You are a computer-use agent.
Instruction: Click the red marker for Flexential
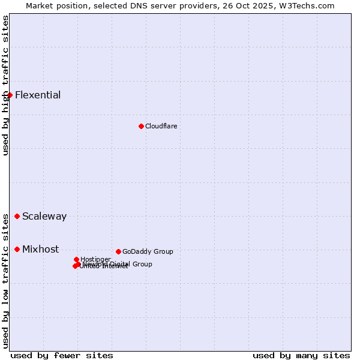pos(10,95)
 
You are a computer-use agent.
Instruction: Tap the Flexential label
pos(38,95)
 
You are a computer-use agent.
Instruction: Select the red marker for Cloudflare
pos(141,126)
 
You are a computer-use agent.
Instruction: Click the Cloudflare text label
pos(161,126)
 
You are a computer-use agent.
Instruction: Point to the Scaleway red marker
pos(17,216)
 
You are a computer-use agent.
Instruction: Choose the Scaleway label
pos(44,217)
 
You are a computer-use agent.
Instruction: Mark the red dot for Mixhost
pos(17,249)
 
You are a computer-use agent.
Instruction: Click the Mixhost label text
pos(41,250)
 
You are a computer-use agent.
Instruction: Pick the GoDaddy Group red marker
pos(118,251)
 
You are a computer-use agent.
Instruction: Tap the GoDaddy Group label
pos(148,251)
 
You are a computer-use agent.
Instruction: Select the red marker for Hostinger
pos(76,259)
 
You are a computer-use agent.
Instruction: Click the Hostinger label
pos(96,259)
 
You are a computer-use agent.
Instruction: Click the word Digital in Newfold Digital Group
pos(121,264)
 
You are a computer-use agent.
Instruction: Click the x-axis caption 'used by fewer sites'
pos(62,355)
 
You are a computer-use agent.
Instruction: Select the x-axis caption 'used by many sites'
pos(301,355)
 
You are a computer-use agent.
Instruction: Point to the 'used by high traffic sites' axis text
pos(6,85)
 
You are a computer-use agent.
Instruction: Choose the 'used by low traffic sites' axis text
pos(6,281)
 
